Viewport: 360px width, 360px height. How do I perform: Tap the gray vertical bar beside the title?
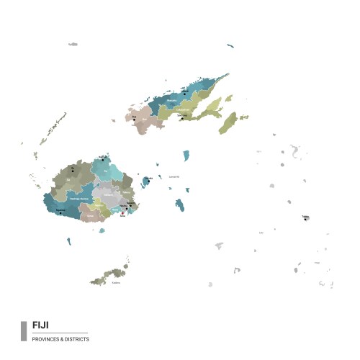(x=24, y=330)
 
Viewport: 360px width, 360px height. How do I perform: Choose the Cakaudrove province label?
(x=183, y=109)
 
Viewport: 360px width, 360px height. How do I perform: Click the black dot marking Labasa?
(x=184, y=92)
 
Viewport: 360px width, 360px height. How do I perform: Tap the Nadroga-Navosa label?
(x=79, y=198)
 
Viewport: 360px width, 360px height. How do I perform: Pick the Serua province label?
(x=91, y=215)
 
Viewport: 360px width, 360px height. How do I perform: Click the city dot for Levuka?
(x=148, y=181)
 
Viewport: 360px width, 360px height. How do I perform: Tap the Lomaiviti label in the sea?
(x=174, y=176)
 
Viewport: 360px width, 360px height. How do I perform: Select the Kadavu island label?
(x=116, y=282)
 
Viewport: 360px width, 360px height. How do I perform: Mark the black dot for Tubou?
(x=305, y=219)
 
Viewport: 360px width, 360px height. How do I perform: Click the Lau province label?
(x=261, y=233)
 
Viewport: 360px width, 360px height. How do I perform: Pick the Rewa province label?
(x=117, y=209)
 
